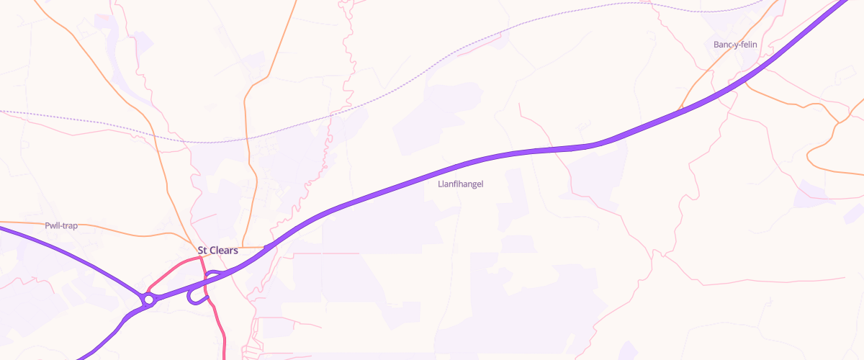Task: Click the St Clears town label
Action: tap(217, 251)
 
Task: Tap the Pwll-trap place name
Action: tap(61, 225)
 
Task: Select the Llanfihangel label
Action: tap(461, 184)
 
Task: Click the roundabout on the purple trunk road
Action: tap(149, 299)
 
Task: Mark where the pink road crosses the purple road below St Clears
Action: tap(206, 282)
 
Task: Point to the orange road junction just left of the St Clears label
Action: tap(192, 247)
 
